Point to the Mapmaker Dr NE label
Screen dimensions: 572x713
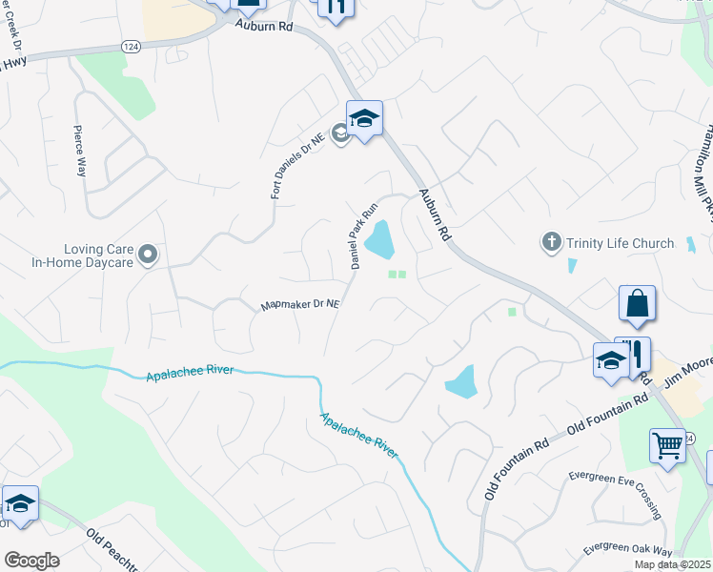coord(300,306)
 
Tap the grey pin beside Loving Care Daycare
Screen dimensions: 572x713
coord(148,254)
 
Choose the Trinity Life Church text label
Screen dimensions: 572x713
coord(620,243)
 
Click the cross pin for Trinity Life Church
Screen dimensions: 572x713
coord(551,243)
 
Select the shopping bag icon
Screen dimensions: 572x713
coord(637,304)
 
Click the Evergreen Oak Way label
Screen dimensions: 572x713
coord(628,550)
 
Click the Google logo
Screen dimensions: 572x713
coord(31,561)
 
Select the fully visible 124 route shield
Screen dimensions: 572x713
coord(132,46)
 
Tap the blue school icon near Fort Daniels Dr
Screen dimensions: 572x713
coord(364,119)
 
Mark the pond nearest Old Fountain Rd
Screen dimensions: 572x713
coord(461,381)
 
